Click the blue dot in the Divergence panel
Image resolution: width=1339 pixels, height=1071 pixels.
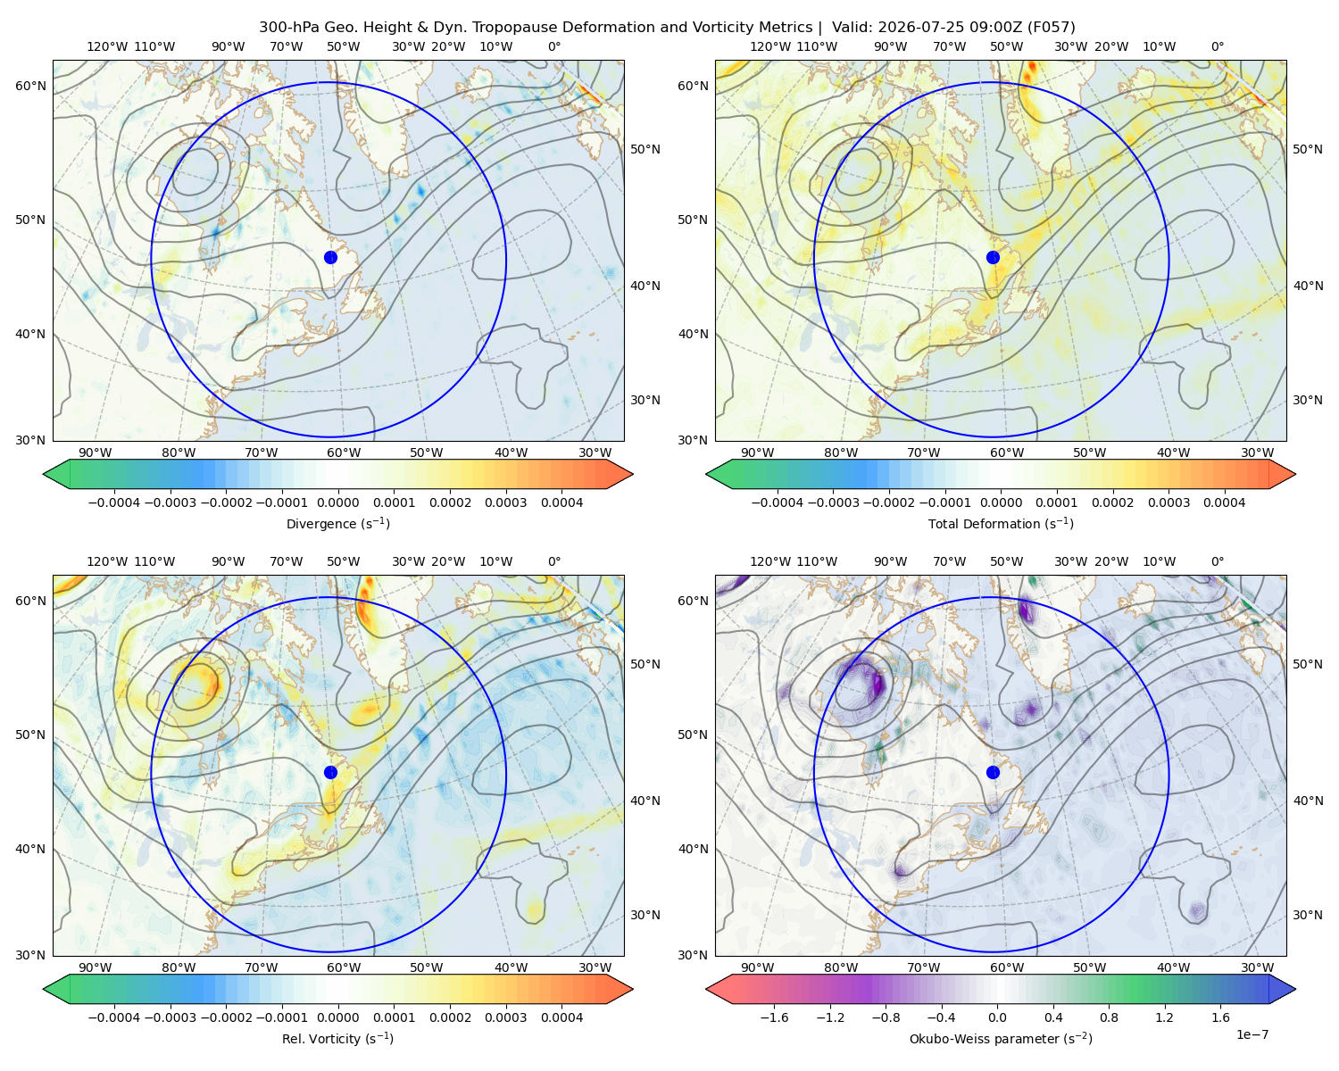point(330,257)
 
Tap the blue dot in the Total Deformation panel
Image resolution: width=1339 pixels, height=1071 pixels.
point(993,257)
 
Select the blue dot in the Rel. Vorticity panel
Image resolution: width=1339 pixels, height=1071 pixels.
point(330,772)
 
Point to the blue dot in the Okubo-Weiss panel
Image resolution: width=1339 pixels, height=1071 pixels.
point(993,772)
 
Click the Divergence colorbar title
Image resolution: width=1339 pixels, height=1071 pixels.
point(337,523)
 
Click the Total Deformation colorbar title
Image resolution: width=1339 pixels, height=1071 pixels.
point(1001,523)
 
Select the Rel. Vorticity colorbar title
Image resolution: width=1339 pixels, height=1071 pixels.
point(337,1038)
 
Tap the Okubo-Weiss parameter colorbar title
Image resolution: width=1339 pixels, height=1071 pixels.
point(1001,1038)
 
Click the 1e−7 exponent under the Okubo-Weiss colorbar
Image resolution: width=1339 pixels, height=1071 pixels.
point(1252,1034)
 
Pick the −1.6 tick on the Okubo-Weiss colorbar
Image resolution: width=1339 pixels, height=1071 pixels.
point(774,1017)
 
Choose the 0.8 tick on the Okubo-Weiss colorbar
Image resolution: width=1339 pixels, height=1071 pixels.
point(1109,1017)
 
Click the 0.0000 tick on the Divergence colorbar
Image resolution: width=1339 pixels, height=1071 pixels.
point(337,502)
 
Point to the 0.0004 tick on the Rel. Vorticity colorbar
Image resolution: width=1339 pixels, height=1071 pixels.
point(561,1017)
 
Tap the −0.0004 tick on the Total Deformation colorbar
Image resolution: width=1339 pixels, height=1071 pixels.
point(778,502)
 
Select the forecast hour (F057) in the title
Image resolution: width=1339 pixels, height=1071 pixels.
point(1051,28)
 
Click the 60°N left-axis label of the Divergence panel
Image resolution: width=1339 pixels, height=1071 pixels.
point(30,86)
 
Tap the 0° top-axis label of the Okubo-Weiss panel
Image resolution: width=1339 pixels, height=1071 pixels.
point(1217,561)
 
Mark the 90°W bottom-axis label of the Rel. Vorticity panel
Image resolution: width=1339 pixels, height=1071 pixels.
point(96,967)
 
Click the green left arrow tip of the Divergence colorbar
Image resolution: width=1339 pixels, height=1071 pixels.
point(44,474)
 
